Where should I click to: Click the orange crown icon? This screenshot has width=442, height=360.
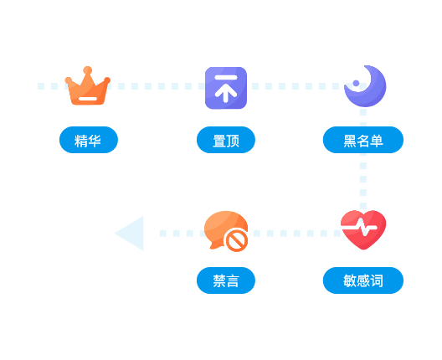coord(87,86)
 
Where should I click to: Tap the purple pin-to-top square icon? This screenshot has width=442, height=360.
coord(226,88)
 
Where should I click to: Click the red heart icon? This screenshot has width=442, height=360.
coord(363,229)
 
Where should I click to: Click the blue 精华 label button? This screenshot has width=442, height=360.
coord(89,140)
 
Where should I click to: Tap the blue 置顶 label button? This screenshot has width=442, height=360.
coord(226,140)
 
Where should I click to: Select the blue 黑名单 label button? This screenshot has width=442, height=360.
coord(363,140)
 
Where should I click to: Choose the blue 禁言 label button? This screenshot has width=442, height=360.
coord(226,280)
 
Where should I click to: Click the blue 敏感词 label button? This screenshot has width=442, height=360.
coord(363,280)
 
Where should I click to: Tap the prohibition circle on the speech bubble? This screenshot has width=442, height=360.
coord(237,241)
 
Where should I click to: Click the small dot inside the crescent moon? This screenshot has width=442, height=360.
coord(356,83)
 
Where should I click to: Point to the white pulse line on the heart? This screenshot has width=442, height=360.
coord(359,227)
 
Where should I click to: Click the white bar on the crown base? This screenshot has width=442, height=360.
coord(88,99)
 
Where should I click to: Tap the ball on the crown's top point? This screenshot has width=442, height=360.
coord(87,70)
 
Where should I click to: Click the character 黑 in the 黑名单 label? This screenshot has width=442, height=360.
coord(350,141)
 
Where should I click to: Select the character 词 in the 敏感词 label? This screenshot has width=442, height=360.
coord(377,280)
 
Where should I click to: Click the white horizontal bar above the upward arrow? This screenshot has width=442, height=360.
coord(226,77)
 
